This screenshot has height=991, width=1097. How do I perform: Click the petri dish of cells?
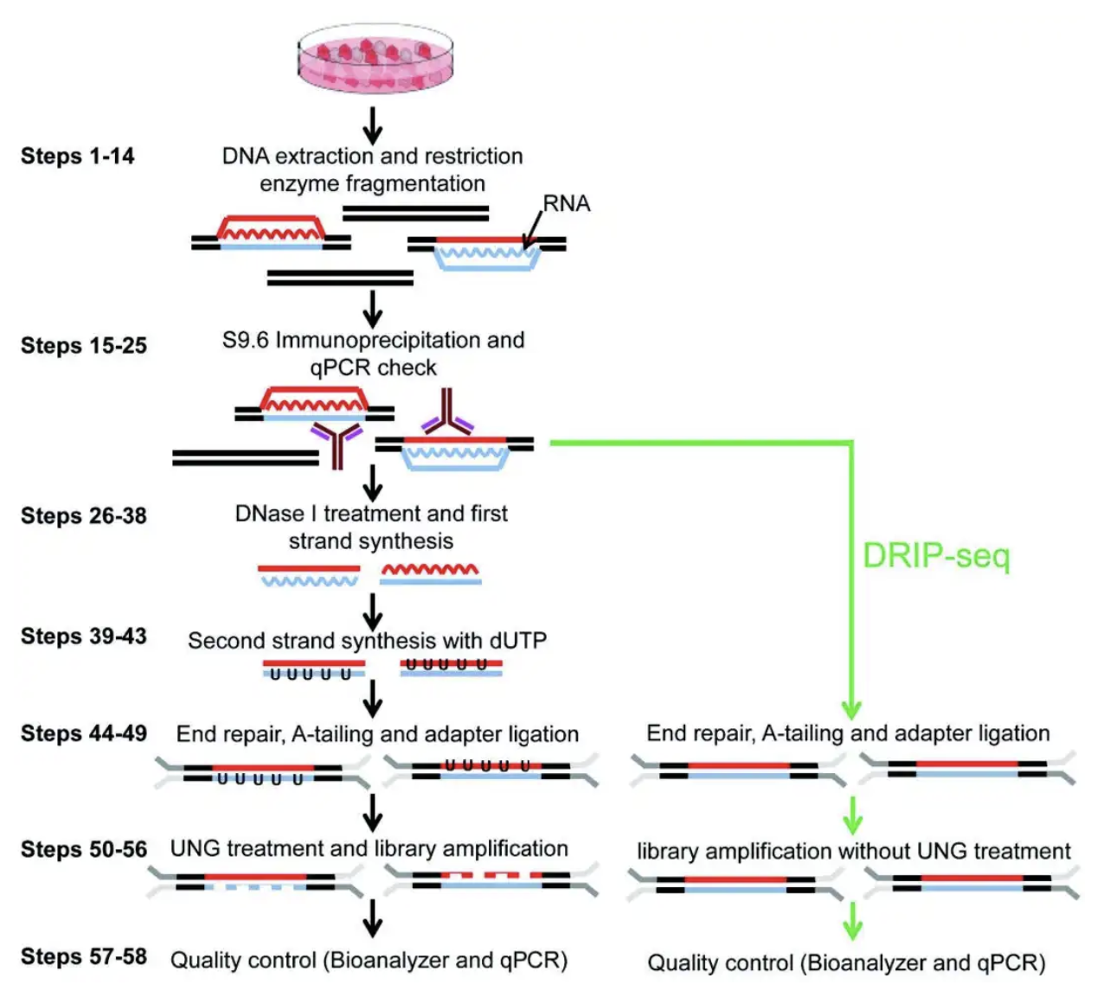pos(375,58)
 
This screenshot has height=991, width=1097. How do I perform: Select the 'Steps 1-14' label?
pos(77,157)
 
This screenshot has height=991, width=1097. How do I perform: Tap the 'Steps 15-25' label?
pos(84,345)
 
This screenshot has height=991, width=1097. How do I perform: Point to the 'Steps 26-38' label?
pos(84,516)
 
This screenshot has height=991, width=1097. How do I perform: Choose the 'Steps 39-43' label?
pos(84,636)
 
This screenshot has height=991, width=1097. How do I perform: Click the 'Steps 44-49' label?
pos(84,733)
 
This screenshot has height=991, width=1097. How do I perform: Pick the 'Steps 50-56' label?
pos(84,849)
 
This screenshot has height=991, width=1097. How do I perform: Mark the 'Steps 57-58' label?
pos(84,956)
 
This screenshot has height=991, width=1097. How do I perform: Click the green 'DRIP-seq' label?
pos(936,556)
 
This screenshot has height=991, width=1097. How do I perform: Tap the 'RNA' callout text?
pos(567,203)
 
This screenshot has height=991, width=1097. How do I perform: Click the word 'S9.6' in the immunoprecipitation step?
pos(246,340)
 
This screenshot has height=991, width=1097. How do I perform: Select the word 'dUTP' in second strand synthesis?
pos(518,641)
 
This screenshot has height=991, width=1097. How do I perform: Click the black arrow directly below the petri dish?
pos(372,125)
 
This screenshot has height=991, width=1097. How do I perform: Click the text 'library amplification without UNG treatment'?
pos(854,851)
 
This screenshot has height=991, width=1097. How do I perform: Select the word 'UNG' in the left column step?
pos(196,849)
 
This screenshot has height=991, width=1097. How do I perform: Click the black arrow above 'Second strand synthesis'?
pos(372,612)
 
